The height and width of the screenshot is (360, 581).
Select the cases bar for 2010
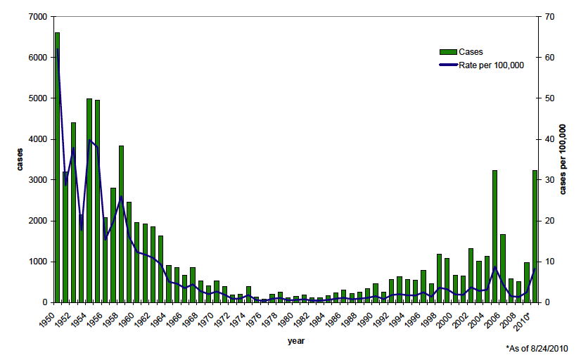coord(535,236)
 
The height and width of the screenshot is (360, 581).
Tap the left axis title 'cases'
coord(21,160)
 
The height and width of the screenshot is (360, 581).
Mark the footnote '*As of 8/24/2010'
coord(537,348)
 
